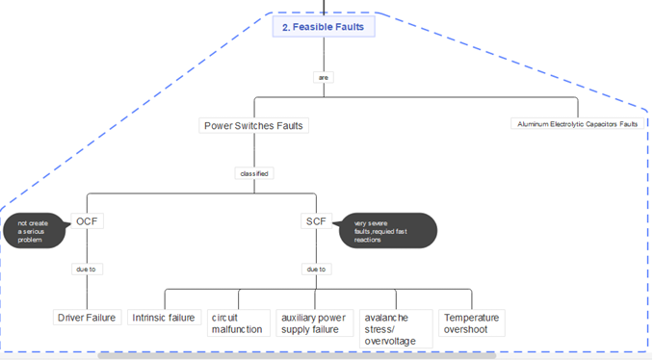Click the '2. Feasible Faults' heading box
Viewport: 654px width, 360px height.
pos(323,27)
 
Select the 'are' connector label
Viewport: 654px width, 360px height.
pos(323,77)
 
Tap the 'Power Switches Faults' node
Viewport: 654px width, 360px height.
pos(255,125)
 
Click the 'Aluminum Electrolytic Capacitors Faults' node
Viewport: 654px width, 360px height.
pos(577,124)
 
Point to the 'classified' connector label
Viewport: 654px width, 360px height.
pos(254,173)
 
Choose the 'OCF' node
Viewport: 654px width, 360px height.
pos(87,221)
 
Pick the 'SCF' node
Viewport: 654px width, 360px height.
pos(316,221)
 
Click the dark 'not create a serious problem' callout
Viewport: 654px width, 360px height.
pos(35,231)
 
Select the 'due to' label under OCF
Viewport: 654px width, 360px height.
pos(86,270)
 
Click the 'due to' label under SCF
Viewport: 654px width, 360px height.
pos(316,270)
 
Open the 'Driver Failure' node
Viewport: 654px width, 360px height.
pos(86,318)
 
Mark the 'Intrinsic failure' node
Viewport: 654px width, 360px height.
pos(163,318)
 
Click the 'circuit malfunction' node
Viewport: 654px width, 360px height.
pos(237,323)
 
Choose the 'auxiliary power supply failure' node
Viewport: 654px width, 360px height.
pos(314,323)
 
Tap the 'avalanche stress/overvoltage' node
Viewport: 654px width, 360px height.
pos(395,329)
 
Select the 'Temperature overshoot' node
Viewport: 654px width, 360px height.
pos(471,323)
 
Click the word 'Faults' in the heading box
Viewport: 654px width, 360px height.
pos(349,27)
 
